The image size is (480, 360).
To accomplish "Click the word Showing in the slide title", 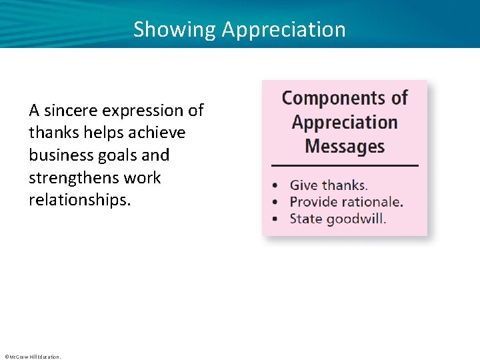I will (175, 30).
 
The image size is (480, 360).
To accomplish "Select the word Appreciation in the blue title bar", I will (284, 30).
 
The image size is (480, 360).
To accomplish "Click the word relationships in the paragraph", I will (80, 200).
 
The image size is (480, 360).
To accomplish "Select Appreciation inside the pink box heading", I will (345, 123).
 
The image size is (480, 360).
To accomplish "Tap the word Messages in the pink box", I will (345, 146).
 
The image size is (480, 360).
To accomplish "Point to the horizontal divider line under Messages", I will (345, 165).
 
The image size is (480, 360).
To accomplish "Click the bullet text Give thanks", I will (329, 185).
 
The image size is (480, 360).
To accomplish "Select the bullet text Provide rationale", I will (346, 202).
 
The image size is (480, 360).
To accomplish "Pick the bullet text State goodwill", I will (337, 218).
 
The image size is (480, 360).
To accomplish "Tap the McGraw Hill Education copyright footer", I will (32, 357).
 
